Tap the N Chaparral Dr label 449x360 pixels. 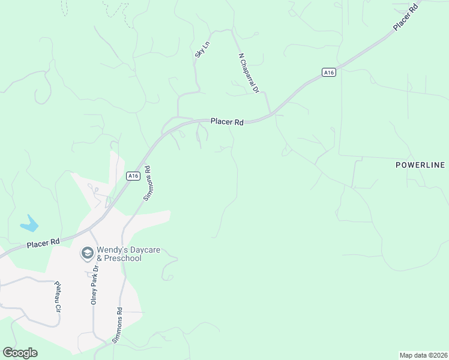[x=248, y=73]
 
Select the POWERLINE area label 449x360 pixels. [x=420, y=165]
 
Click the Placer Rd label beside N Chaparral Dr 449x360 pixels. [x=227, y=122]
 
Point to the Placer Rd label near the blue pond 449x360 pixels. [x=43, y=243]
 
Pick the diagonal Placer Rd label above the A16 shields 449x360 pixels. [x=405, y=19]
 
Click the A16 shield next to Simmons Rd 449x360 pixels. [x=133, y=176]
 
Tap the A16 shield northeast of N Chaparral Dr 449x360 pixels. [x=328, y=72]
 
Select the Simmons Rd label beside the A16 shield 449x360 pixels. [x=149, y=183]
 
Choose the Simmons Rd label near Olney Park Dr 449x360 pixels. [x=118, y=325]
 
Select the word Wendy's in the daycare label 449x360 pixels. [x=113, y=250]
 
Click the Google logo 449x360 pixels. [x=20, y=353]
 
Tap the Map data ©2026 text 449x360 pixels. [x=423, y=355]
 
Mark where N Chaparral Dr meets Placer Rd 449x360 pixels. [x=271, y=113]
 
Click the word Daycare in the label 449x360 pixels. [x=146, y=250]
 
